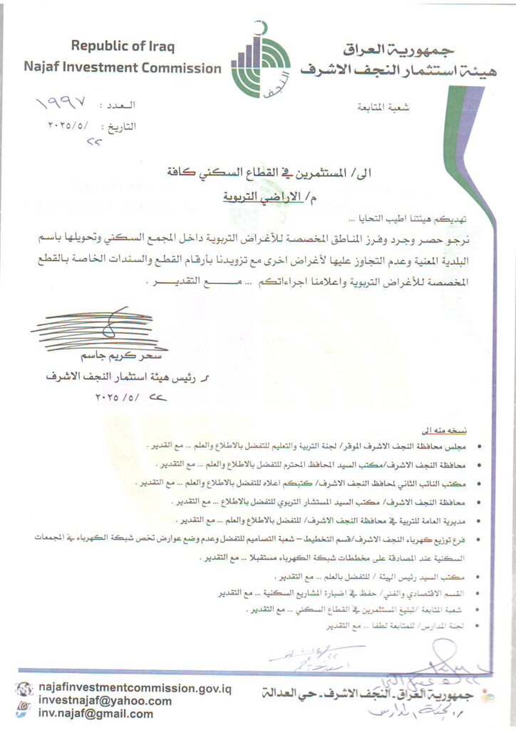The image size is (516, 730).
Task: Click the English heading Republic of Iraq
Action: pyautogui.click(x=123, y=47)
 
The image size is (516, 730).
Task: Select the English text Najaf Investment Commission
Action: pyautogui.click(x=123, y=68)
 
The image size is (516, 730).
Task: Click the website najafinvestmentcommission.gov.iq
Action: pyautogui.click(x=135, y=688)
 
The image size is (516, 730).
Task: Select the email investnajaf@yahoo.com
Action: pyautogui.click(x=105, y=701)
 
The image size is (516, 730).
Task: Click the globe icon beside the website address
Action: pyautogui.click(x=24, y=689)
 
